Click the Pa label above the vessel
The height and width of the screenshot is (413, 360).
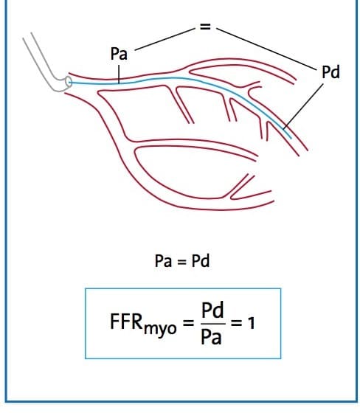[119, 54]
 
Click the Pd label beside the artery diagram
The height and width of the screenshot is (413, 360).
[330, 72]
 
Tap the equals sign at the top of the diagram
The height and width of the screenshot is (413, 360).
[205, 27]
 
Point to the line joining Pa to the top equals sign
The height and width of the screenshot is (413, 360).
[165, 39]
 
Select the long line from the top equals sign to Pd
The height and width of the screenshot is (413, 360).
[266, 49]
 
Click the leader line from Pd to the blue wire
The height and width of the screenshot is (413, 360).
[303, 106]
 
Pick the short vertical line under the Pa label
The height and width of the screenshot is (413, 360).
[119, 74]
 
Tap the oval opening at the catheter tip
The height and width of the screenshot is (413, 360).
[69, 82]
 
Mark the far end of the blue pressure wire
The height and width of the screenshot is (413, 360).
[291, 138]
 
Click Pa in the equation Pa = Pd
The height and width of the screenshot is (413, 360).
[163, 261]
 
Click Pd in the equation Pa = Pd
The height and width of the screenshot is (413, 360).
[201, 261]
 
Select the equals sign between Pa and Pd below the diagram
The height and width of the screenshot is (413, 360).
[182, 262]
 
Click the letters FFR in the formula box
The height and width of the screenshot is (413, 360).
[126, 322]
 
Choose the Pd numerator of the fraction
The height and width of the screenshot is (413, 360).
[212, 310]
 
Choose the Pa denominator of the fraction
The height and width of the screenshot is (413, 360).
[211, 336]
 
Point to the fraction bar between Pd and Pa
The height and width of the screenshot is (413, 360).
[212, 324]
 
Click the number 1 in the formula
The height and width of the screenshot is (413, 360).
[252, 323]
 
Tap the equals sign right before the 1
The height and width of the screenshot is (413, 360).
[236, 323]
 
